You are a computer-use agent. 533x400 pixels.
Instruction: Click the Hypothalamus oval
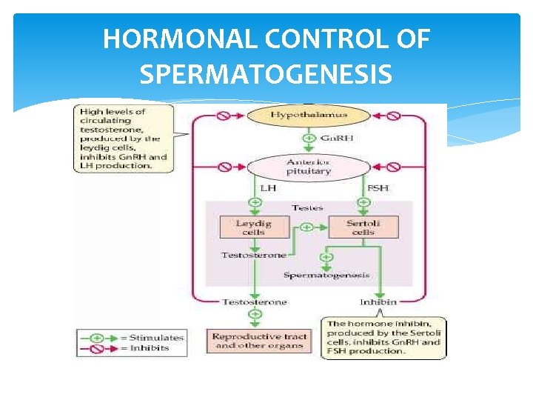(x=308, y=116)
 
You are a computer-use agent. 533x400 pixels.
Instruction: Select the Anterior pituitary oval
(x=308, y=166)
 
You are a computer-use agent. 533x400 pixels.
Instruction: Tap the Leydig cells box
(x=254, y=227)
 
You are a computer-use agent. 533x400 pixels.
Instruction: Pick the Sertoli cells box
(x=362, y=227)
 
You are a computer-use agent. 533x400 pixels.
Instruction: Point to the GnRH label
(x=332, y=139)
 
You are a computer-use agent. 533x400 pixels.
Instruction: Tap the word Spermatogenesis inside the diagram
(x=326, y=276)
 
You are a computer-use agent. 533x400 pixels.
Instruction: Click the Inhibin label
(x=378, y=302)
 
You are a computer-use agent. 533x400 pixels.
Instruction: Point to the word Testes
(x=307, y=207)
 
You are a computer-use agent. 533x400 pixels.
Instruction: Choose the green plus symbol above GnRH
(x=308, y=138)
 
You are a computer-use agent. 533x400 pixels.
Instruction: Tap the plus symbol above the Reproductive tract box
(x=255, y=314)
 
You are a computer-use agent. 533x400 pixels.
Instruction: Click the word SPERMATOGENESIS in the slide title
(x=266, y=74)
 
